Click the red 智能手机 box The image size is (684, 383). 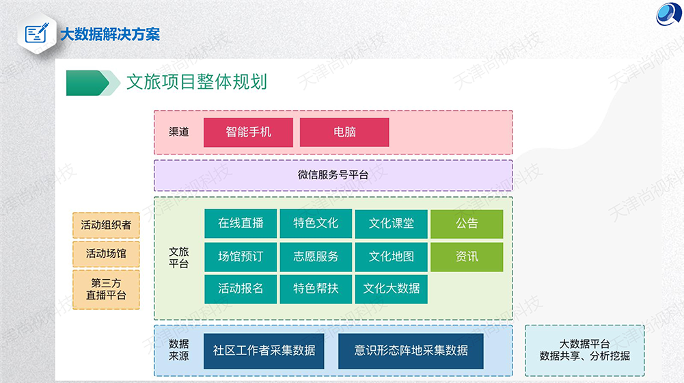248,132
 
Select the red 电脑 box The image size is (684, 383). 344,132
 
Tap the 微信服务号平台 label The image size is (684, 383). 333,175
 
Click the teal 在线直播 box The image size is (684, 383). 241,224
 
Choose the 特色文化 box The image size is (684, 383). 316,224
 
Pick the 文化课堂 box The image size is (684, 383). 392,224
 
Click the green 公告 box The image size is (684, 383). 467,224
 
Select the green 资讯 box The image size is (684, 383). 467,256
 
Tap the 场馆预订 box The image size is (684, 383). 241,256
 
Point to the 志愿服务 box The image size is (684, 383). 316,256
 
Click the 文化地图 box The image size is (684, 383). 392,256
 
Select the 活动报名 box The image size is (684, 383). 241,289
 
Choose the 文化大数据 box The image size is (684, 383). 392,289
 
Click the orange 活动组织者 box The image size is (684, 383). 106,225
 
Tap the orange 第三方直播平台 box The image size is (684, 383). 106,289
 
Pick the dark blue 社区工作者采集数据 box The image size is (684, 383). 264,351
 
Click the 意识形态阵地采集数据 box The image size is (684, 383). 411,351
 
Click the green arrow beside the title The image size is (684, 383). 93,83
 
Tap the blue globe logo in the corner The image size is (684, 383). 668,14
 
